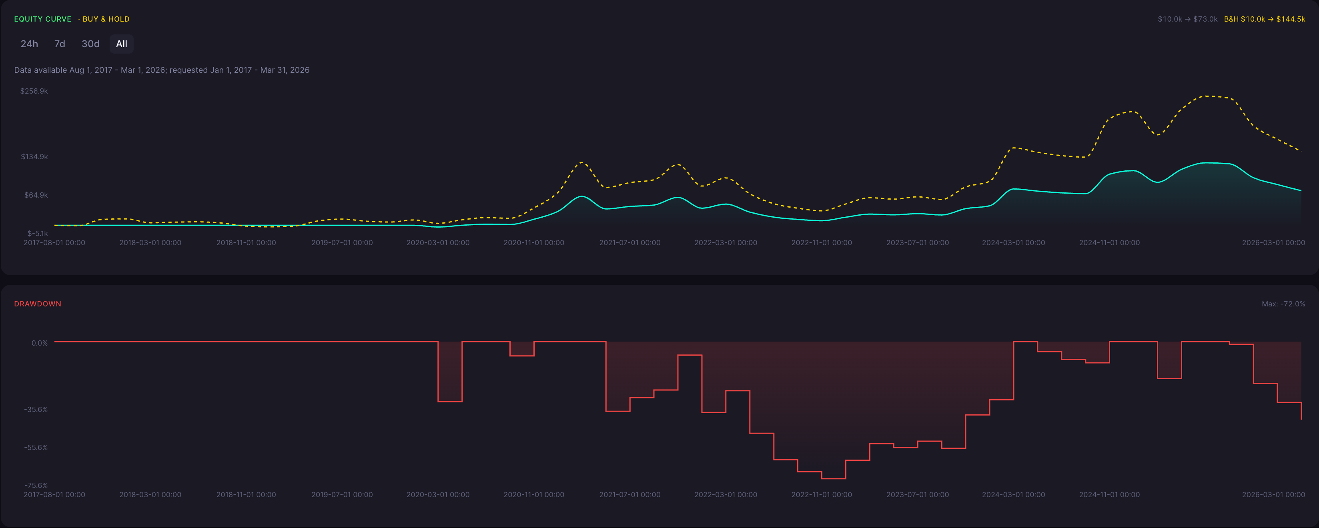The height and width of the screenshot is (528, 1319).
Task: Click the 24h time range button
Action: pos(29,44)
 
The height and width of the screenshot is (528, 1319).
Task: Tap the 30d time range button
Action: pos(90,44)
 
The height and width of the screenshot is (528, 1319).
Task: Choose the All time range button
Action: pos(121,44)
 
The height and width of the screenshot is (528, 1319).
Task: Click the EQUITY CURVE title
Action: pos(42,19)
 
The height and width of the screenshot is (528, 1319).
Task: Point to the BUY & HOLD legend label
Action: pos(106,19)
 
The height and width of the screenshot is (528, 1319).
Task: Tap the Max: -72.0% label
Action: pos(1283,304)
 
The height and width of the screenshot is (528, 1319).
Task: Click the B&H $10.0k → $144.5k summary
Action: pos(1264,19)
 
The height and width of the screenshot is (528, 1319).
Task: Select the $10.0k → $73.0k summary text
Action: pos(1187,19)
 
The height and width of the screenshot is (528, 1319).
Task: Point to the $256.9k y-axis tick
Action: pos(34,91)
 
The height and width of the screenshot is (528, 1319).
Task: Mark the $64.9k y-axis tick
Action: pos(36,195)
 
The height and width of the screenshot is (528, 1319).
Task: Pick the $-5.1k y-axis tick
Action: pos(37,233)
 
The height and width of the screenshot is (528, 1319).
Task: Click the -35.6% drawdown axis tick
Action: pos(36,409)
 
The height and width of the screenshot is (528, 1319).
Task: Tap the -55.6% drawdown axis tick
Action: pos(36,447)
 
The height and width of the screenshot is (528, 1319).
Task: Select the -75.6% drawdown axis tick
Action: pos(36,485)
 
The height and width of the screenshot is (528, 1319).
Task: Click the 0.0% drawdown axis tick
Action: pos(40,343)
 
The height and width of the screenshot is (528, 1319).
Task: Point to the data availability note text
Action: pos(162,70)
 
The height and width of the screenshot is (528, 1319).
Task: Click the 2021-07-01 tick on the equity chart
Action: pos(630,242)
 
